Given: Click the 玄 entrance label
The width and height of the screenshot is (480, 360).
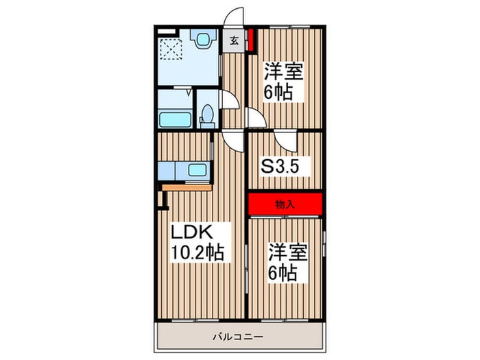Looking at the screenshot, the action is (235, 40).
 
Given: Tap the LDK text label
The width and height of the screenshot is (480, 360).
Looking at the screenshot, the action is (191, 232).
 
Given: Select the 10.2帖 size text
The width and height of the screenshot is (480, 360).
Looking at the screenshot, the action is (197, 252).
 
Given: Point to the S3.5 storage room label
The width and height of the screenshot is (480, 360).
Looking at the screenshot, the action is (280, 167).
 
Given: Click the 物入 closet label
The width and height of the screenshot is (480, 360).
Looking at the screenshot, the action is (285, 204).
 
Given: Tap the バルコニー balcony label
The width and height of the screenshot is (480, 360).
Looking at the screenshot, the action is (238, 337).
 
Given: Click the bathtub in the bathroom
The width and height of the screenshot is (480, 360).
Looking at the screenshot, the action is (176, 120).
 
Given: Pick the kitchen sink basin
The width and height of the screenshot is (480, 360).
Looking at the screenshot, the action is (197, 170).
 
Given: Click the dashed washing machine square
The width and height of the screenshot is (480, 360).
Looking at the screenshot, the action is (171, 49).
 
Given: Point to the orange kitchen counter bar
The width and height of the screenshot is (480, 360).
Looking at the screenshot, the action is (187, 187).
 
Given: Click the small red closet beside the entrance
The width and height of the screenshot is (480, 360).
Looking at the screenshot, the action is (251, 40).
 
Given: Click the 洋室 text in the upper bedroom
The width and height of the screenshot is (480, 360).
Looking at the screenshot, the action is (284, 71).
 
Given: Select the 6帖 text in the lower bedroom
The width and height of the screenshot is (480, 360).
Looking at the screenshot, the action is (283, 273).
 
